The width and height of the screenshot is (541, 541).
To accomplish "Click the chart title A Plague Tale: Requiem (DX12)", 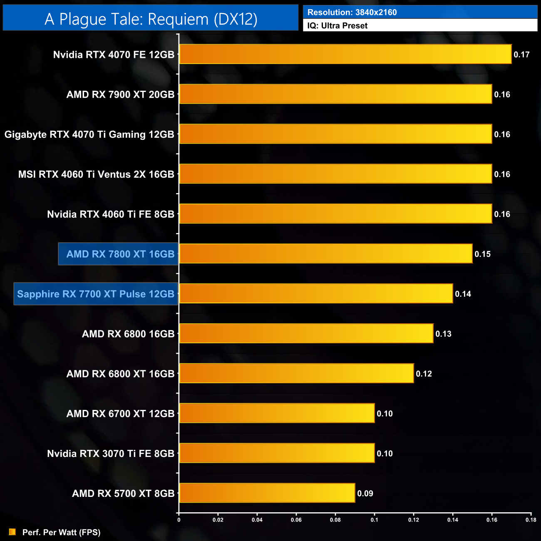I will [151, 19].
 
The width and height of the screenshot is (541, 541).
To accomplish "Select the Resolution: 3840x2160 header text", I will [352, 12].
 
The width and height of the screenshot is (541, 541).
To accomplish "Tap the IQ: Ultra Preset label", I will [338, 26].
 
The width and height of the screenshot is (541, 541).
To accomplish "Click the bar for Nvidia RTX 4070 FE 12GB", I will [345, 54].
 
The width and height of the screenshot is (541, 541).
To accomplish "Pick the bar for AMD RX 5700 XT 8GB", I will [267, 493].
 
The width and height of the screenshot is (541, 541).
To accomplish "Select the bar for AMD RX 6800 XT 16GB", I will [296, 373].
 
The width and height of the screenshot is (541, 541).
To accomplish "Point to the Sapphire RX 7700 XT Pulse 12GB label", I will [96, 294].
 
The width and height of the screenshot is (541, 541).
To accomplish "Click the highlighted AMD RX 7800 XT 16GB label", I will [120, 254].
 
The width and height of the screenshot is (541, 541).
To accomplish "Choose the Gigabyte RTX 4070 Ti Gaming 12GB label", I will [89, 134].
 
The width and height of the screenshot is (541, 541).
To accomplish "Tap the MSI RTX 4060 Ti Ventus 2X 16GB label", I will [96, 174].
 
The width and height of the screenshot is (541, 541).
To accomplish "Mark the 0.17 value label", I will [521, 55].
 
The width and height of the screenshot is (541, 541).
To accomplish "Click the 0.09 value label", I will [365, 494].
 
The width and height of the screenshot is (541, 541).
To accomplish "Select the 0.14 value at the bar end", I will [463, 294].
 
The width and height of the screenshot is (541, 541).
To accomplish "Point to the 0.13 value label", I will [443, 334].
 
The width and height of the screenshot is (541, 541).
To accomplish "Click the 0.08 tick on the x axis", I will [335, 520].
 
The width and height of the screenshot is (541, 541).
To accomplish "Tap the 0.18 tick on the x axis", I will [531, 520].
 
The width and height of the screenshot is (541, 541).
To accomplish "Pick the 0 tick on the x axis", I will [179, 520].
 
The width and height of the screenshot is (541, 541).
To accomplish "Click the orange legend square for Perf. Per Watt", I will [12, 532].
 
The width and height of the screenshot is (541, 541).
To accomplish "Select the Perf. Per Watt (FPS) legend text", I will [61, 532].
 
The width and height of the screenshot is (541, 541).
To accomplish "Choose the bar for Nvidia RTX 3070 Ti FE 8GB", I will [277, 453].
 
